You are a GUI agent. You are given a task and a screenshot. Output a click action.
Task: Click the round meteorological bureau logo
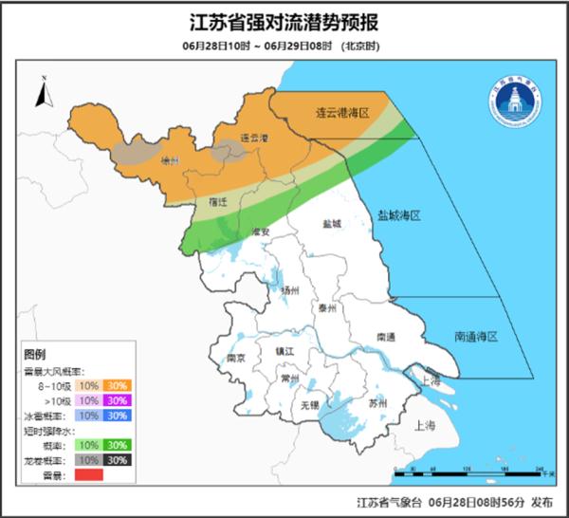515,101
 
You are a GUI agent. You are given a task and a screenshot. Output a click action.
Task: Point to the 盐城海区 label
398,215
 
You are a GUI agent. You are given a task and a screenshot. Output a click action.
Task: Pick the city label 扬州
290,290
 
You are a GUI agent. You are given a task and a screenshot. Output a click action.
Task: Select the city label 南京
237,358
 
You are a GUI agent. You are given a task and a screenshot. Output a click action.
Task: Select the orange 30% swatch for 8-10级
119,385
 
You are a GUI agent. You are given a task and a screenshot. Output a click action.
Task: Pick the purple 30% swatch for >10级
119,400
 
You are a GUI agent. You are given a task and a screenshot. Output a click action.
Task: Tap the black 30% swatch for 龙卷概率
119,459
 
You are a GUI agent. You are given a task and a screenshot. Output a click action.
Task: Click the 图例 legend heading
35,352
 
